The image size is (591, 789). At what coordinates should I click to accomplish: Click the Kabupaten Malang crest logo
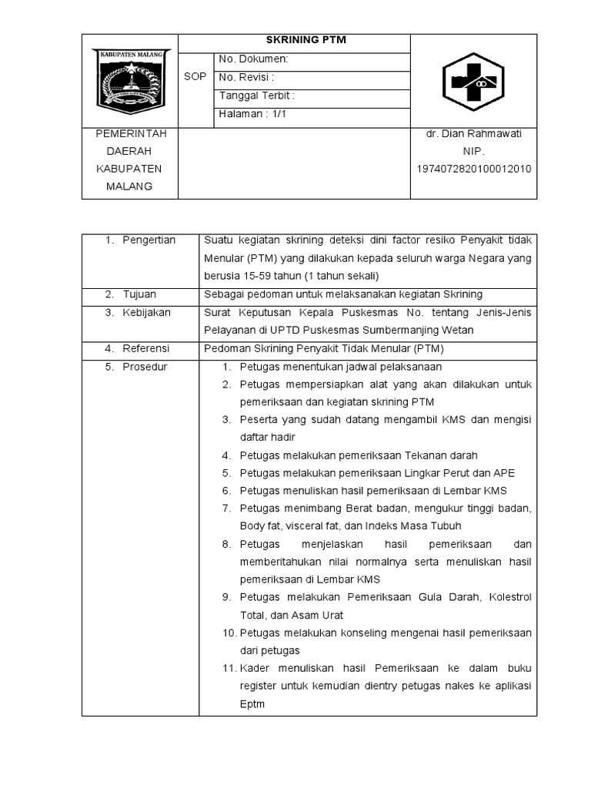[x=130, y=79]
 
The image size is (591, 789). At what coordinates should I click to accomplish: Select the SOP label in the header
[x=195, y=77]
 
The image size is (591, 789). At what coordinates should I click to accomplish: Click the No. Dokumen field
[x=254, y=59]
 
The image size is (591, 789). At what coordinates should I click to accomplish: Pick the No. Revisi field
[x=247, y=78]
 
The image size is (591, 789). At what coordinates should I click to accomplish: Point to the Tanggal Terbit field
[x=257, y=96]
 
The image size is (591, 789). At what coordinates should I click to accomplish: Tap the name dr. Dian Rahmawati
[x=474, y=134]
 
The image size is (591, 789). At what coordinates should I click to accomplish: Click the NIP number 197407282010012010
[x=474, y=170]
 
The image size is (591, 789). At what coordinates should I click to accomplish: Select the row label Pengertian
[x=149, y=240]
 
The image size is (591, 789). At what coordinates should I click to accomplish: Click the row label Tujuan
[x=139, y=294]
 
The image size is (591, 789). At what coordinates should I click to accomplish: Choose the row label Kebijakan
[x=146, y=313]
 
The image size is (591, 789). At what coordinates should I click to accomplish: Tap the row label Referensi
[x=146, y=348]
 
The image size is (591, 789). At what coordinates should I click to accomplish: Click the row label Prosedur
[x=145, y=367]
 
